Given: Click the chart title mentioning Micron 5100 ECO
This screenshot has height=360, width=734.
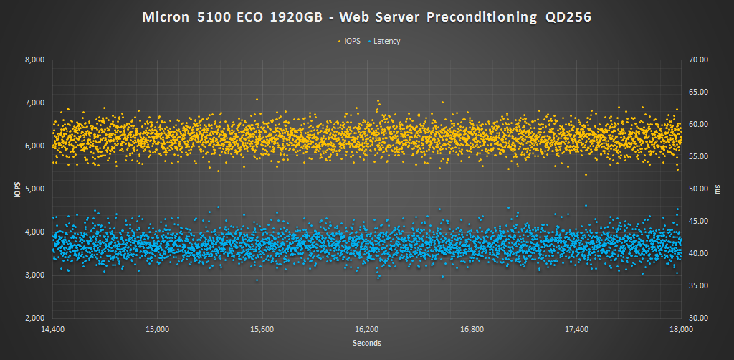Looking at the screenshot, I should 366,18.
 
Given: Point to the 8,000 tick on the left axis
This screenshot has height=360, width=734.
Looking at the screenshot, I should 34,60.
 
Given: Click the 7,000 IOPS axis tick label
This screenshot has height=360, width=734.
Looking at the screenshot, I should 34,103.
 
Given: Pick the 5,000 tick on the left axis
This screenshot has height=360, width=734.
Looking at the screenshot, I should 34,189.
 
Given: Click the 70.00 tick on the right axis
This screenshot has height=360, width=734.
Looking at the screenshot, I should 697,60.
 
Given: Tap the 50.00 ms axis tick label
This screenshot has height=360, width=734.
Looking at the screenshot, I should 697,189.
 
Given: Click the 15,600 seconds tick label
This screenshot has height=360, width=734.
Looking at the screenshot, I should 262,330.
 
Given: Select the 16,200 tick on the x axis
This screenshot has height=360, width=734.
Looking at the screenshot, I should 367,330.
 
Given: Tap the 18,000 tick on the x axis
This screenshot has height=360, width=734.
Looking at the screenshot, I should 680,330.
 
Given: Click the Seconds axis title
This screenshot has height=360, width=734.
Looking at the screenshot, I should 366,344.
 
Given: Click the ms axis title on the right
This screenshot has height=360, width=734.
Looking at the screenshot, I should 718,189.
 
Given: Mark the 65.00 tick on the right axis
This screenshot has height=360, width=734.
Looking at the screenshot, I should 697,93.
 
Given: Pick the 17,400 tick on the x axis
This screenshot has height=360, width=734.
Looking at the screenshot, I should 576,330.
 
